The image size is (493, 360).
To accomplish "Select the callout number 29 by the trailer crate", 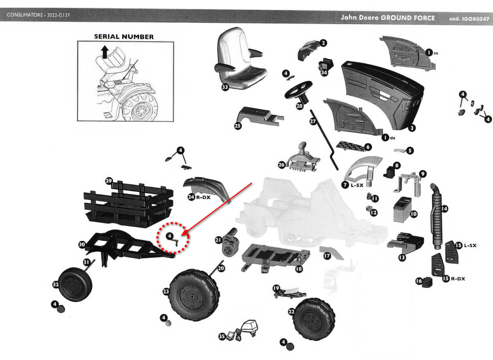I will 109,181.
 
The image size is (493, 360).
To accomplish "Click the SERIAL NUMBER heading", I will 124,37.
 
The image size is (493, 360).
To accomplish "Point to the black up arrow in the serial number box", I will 105,52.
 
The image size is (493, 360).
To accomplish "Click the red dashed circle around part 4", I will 173,238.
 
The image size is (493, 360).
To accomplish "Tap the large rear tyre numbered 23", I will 194,295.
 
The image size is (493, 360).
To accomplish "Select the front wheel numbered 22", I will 314,319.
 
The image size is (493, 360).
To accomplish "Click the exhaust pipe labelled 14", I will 436,216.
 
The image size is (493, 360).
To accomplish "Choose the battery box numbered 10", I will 402,210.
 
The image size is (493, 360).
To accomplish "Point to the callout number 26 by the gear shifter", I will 282,165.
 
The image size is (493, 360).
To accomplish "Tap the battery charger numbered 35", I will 244,331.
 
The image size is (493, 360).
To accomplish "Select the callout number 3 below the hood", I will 412,128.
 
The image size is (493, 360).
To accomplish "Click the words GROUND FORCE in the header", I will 408,18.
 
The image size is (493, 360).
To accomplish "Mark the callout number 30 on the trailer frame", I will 82,244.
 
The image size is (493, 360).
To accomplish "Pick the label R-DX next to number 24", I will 203,197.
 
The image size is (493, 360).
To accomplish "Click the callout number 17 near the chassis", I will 327,255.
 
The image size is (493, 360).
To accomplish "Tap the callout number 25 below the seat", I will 238,125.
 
